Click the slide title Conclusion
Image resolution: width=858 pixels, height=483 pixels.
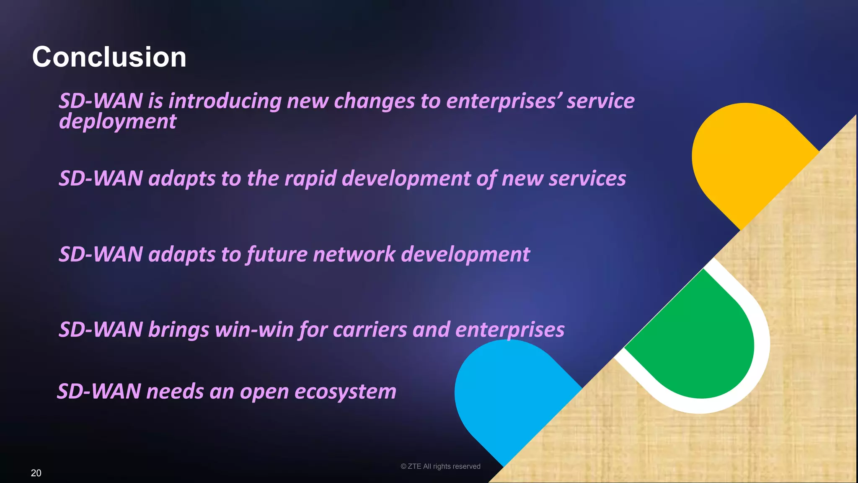click(109, 57)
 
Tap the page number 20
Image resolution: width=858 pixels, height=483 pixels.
click(36, 473)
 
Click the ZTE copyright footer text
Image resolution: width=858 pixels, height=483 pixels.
click(440, 466)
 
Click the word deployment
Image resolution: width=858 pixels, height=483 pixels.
click(118, 122)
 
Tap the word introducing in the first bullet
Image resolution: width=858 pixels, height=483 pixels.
click(225, 101)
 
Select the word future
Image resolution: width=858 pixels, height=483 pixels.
click(277, 254)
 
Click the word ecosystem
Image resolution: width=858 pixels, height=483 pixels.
click(345, 392)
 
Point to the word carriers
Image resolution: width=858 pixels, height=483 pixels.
click(370, 330)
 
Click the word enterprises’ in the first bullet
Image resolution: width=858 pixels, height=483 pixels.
click(503, 101)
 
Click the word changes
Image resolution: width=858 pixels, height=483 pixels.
click(374, 101)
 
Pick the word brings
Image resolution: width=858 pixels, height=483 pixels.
click(178, 330)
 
